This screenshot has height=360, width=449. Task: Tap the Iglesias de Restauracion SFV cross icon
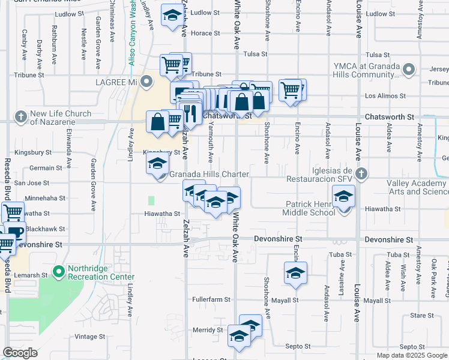(360, 175)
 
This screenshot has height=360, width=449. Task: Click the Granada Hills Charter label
(208, 175)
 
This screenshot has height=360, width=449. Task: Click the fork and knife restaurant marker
(190, 112)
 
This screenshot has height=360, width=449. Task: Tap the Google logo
(20, 353)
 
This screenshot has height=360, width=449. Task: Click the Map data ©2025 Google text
(411, 355)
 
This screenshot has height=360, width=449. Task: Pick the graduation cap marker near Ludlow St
(172, 16)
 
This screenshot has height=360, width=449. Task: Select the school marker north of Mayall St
(295, 273)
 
